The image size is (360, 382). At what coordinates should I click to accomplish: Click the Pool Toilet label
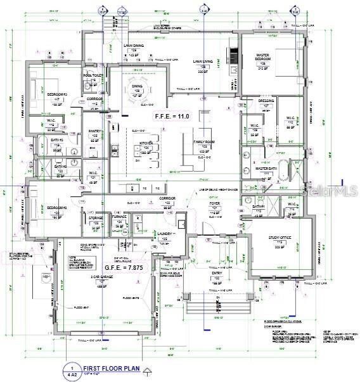coord(93,77)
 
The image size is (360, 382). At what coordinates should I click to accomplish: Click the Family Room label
coord(205,145)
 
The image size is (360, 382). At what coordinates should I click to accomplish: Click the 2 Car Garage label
coord(101,277)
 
